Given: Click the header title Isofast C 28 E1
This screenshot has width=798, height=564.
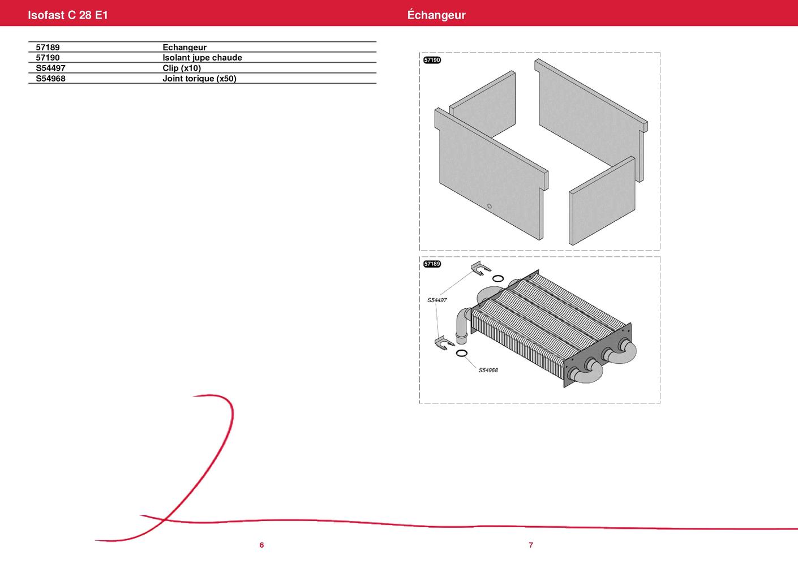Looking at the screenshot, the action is coord(68,15).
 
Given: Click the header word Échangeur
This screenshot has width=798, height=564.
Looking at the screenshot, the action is coord(436,15).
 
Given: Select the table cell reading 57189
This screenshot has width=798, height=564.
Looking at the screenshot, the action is coord(48,48).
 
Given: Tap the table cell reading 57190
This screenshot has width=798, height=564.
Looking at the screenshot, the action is coord(48,58).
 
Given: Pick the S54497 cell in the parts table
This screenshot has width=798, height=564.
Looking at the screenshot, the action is coord(50,68).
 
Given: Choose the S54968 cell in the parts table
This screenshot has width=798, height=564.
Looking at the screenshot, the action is coord(50,78).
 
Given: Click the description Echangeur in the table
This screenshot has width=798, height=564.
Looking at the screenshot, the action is coord(185,48).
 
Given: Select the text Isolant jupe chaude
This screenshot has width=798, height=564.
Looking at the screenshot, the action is coord(203,58).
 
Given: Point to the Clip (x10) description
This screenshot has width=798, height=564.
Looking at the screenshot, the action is coord(182,68).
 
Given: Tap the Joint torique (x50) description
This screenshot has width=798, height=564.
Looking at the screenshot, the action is coord(199,78).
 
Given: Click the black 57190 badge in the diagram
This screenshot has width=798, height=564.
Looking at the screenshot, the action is coord(432,60).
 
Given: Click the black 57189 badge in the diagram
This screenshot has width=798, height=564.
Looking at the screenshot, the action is coord(432,264).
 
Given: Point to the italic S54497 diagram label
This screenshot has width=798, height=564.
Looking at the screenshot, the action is coord(437,300).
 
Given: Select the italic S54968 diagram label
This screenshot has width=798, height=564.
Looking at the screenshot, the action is coord(488,371).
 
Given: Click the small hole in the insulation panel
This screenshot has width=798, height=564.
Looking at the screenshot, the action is coord(490,206).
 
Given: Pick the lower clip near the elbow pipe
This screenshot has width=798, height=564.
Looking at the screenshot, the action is coord(444,343).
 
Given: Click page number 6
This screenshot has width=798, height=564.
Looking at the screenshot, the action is coord(261,545).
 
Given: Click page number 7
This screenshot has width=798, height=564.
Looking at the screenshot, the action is coord(531,545).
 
